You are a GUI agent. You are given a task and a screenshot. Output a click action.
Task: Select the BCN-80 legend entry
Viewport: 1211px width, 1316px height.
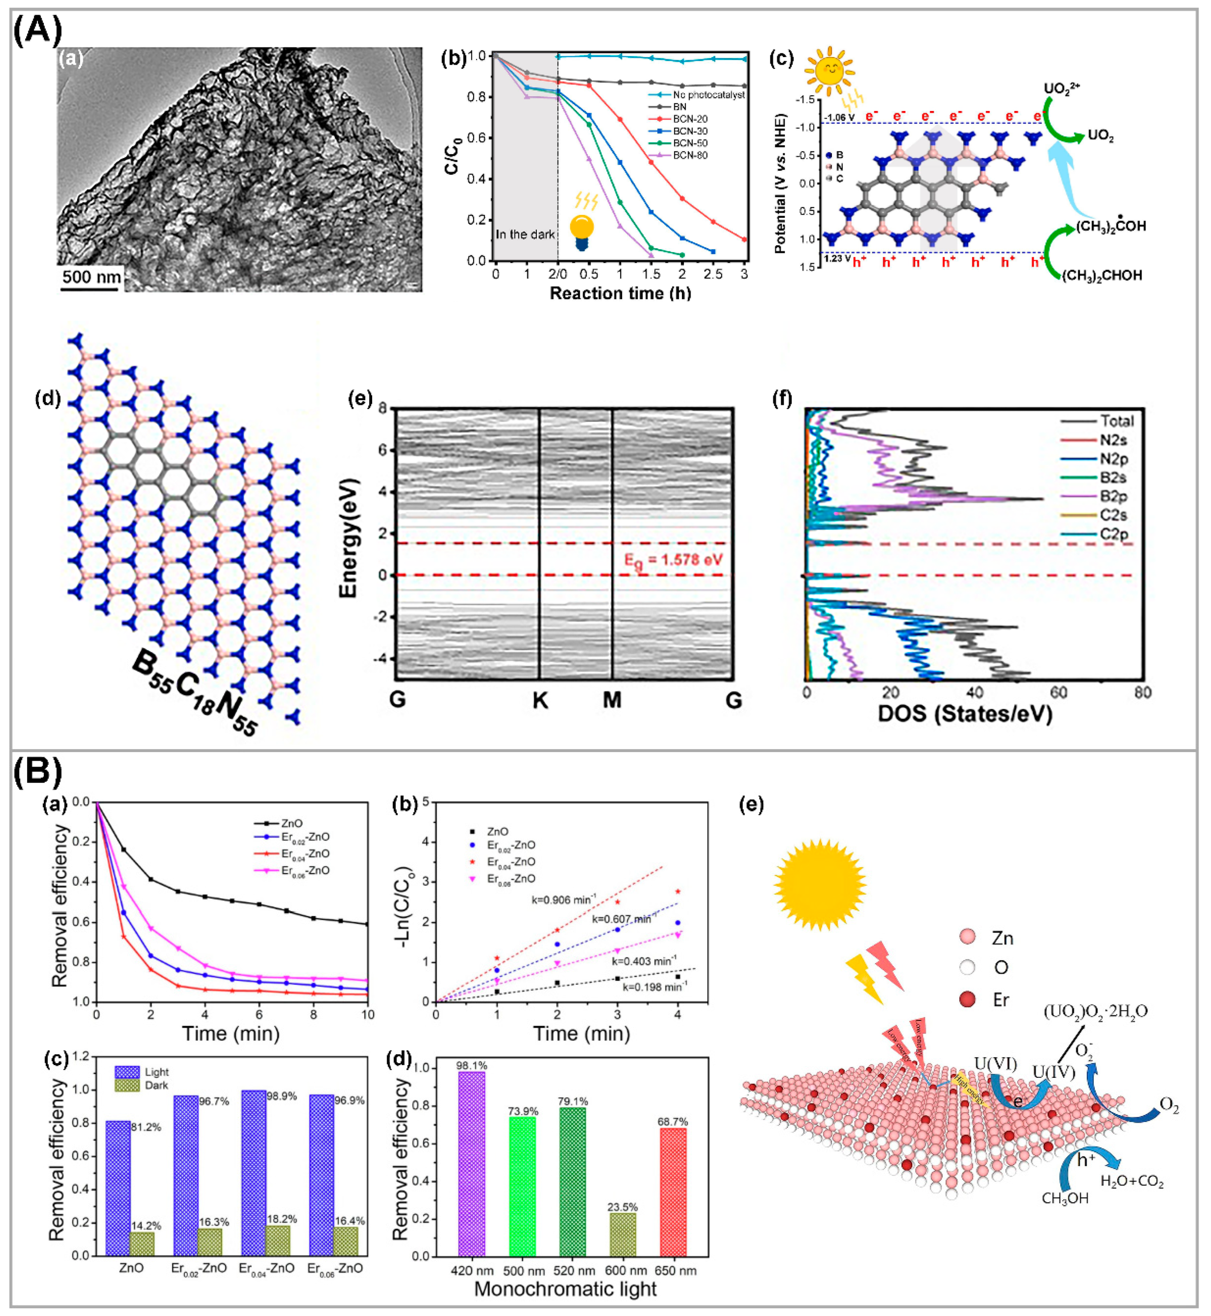click(x=689, y=155)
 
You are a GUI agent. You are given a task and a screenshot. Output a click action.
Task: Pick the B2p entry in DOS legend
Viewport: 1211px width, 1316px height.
click(x=1112, y=496)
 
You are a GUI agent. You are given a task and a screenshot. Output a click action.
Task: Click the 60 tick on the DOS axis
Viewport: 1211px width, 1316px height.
click(x=1058, y=692)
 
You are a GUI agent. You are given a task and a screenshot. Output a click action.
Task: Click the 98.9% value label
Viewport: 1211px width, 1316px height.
click(x=282, y=1095)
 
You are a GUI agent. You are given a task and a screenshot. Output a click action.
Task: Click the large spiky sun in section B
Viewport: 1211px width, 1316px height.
click(x=820, y=884)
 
